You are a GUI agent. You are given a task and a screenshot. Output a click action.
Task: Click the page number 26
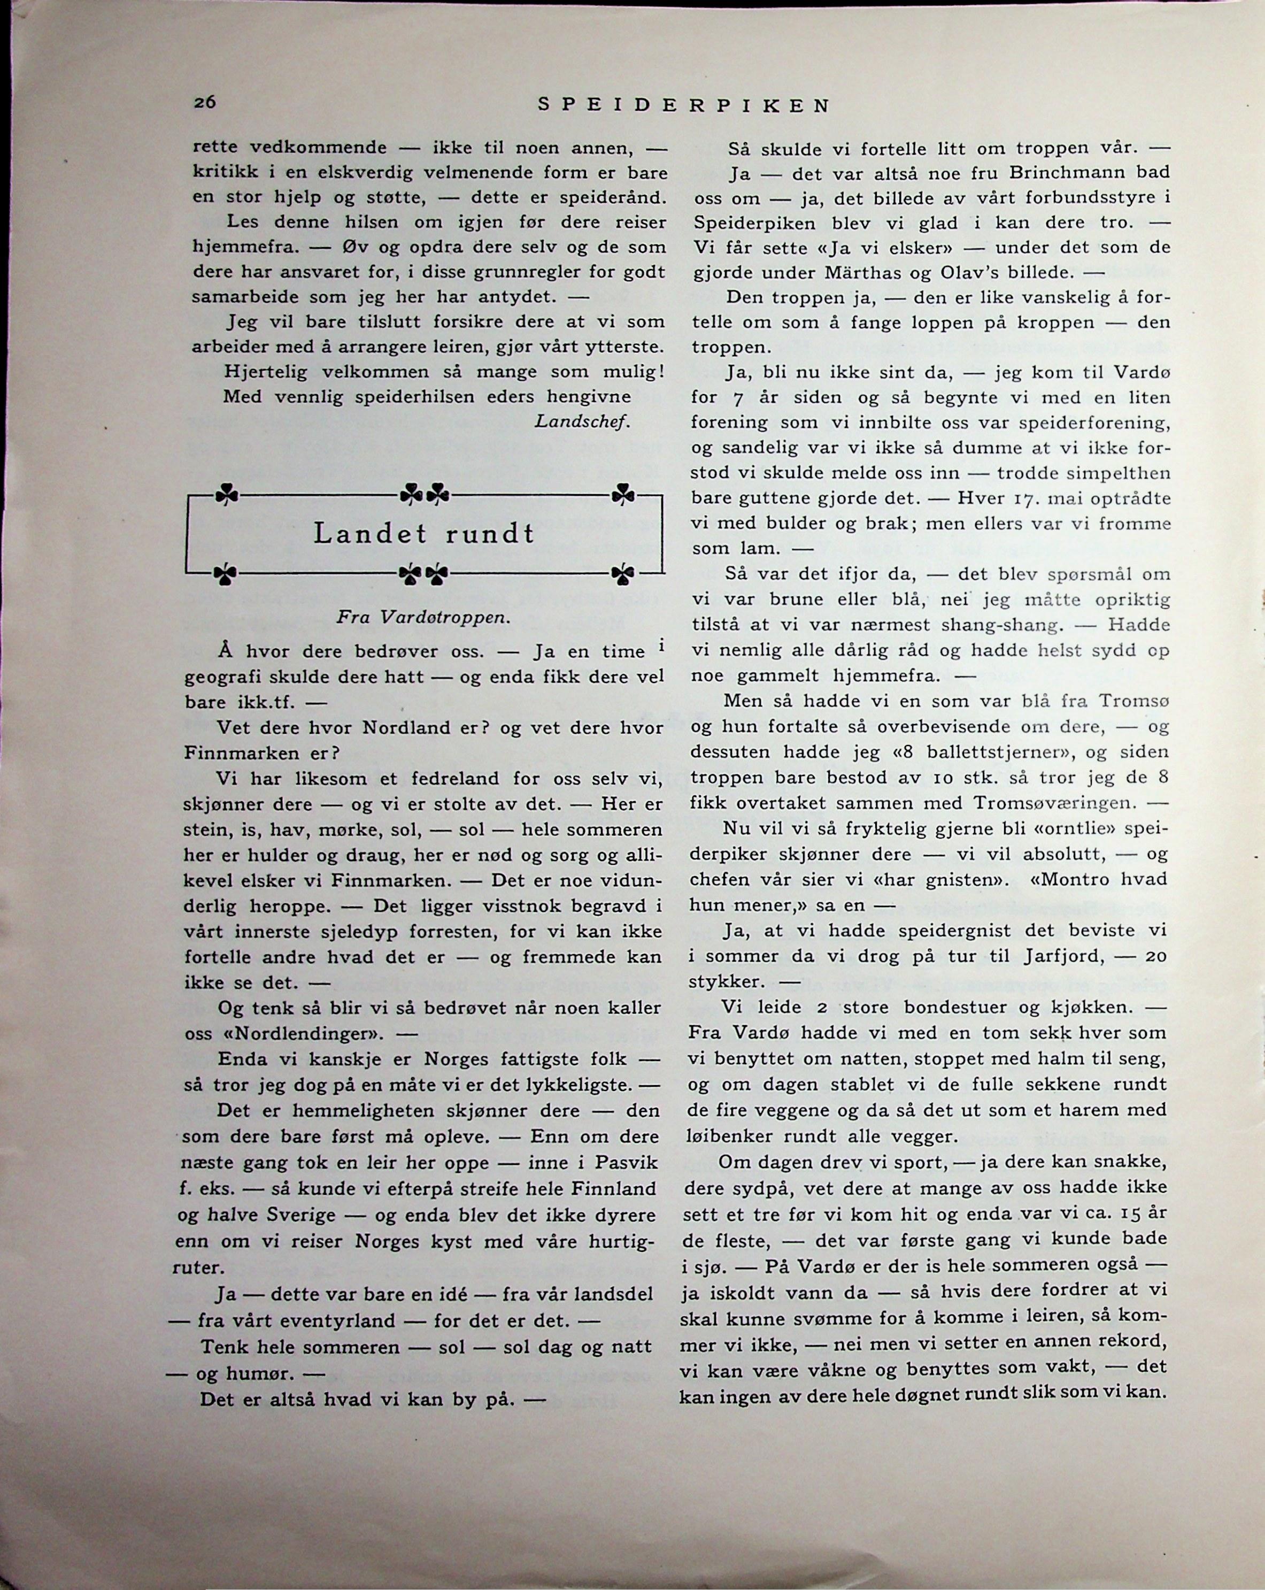pyautogui.click(x=204, y=103)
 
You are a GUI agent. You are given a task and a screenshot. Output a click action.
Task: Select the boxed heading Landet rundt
pyautogui.click(x=424, y=533)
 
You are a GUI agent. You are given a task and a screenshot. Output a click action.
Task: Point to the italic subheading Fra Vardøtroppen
pyautogui.click(x=423, y=617)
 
